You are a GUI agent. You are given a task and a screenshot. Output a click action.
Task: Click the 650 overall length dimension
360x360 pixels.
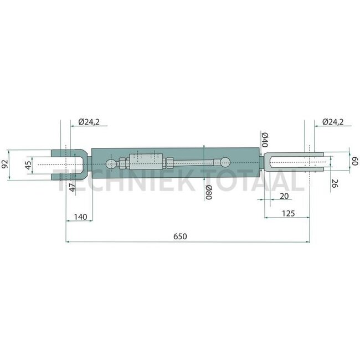[180, 236]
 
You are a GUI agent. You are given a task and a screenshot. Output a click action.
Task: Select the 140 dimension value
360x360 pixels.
[81, 217]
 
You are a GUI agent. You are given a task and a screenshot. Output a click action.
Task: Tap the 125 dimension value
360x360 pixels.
[288, 214]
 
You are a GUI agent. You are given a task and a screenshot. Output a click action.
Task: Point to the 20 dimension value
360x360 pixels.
[284, 196]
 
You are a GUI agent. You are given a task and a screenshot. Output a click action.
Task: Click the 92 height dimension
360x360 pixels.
[5, 164]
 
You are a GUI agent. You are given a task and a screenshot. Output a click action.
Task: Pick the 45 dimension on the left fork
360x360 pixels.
[28, 165]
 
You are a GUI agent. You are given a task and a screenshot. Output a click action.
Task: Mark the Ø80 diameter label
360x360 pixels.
[208, 192]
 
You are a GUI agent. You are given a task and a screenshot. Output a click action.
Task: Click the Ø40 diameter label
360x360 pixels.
[265, 140]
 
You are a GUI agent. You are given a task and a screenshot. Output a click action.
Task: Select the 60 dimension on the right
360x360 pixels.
[355, 161]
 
